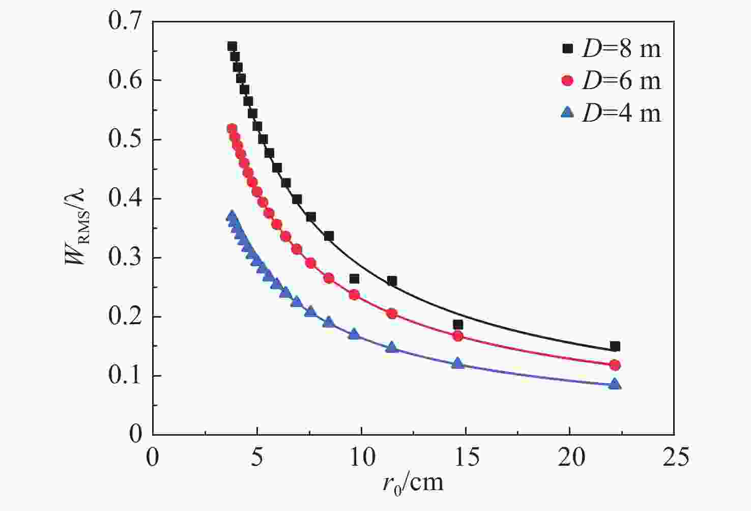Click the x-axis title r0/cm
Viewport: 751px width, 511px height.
tap(413, 481)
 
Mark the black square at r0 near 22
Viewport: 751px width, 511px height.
tap(615, 347)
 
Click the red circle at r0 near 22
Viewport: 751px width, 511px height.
tap(615, 365)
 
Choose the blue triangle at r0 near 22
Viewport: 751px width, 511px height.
tap(615, 384)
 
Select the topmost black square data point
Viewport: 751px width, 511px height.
tap(232, 46)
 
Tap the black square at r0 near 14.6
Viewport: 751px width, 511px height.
tap(458, 325)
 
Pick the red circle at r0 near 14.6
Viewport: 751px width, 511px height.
tap(458, 336)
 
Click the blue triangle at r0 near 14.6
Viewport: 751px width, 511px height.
tap(458, 363)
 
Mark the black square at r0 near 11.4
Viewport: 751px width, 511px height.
tap(392, 281)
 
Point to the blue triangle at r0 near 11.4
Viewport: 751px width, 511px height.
tap(392, 347)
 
